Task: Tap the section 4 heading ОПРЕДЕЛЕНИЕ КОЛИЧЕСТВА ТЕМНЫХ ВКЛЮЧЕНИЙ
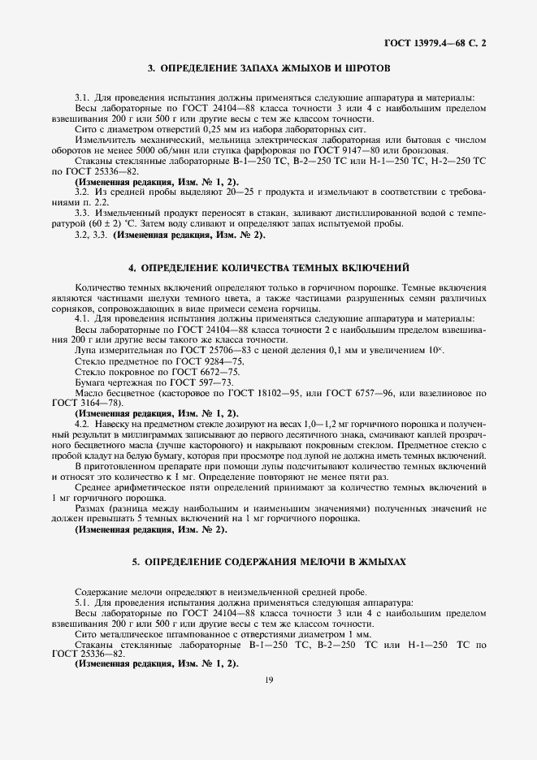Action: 268,266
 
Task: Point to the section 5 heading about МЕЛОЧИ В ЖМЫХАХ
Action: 268,561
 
